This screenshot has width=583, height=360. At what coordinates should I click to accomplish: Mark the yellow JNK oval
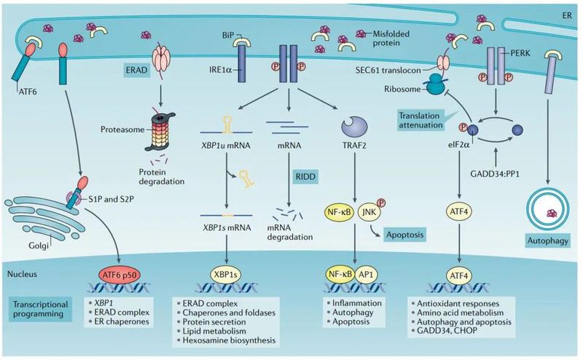[x=370, y=214]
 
